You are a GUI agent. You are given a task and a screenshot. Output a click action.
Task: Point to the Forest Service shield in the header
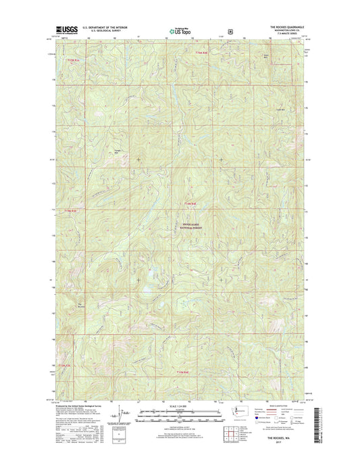click(x=230, y=31)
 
